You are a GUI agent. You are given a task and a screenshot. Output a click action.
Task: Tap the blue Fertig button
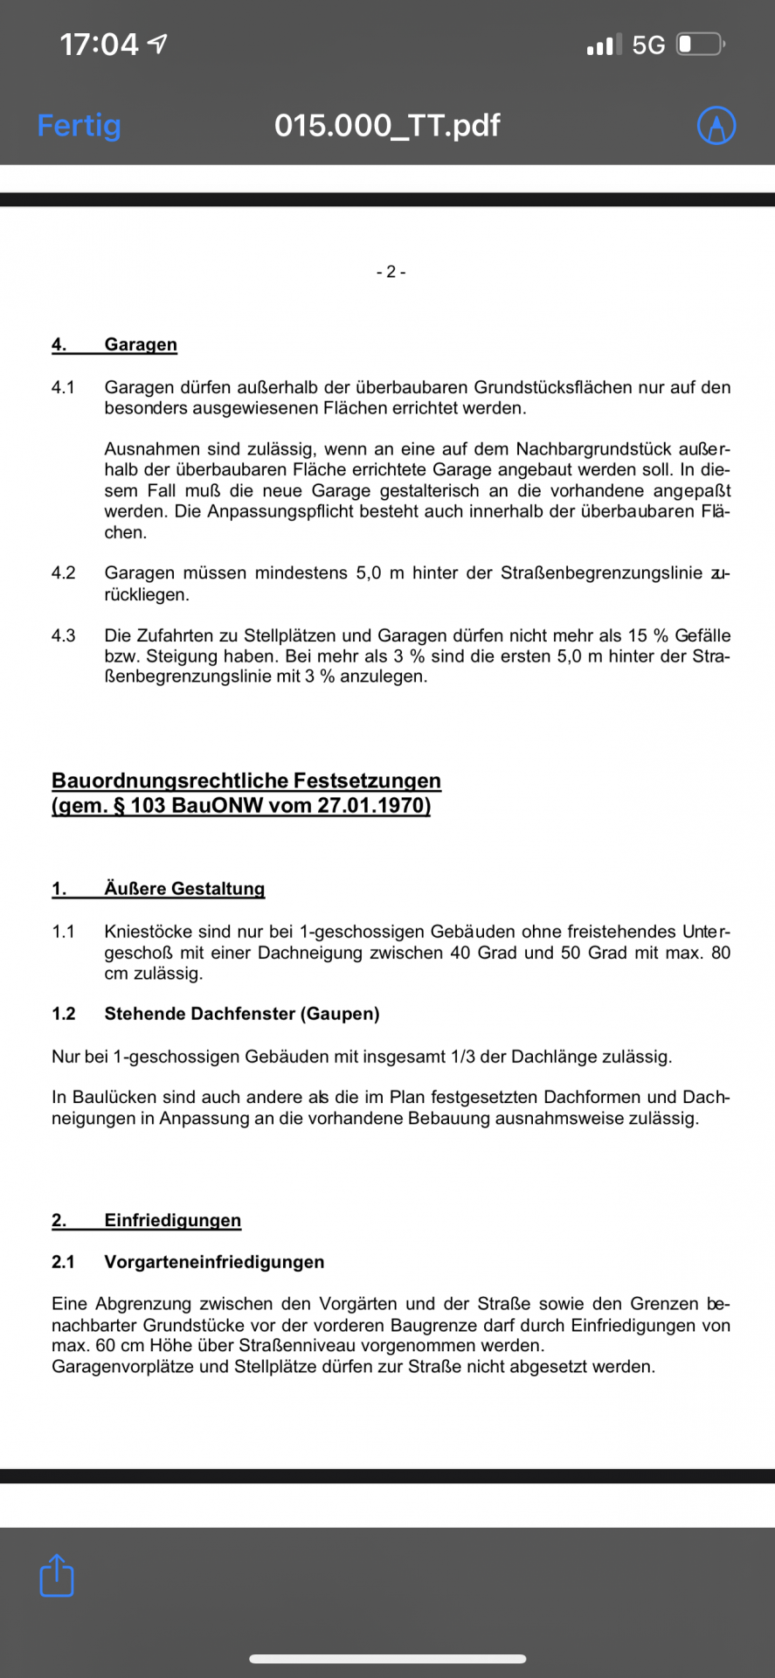(x=79, y=126)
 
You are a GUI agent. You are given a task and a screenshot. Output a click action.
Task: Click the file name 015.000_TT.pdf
(x=387, y=126)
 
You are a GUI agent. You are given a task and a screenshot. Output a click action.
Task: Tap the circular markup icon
(x=716, y=126)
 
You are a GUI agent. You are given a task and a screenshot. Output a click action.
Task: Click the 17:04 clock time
(x=99, y=45)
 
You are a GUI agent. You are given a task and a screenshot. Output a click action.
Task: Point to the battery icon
(x=700, y=44)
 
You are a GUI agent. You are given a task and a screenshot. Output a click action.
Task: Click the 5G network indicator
(x=648, y=45)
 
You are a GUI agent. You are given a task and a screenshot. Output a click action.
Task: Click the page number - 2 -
(x=391, y=272)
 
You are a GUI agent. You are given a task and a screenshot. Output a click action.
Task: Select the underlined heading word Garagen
(x=141, y=344)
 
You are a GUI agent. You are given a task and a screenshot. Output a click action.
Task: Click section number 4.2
(x=64, y=573)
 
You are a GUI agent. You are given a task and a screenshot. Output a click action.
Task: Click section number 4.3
(x=64, y=635)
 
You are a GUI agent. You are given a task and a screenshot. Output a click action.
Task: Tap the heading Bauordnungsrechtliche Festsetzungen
(x=246, y=780)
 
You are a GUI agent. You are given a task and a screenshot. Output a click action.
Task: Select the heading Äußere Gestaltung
(x=184, y=889)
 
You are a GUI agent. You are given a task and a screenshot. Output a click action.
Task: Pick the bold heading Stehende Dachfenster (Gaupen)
(x=242, y=1014)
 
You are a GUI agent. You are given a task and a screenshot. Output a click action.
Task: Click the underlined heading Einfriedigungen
(x=172, y=1220)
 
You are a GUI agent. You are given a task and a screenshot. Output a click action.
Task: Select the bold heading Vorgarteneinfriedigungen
(x=214, y=1262)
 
